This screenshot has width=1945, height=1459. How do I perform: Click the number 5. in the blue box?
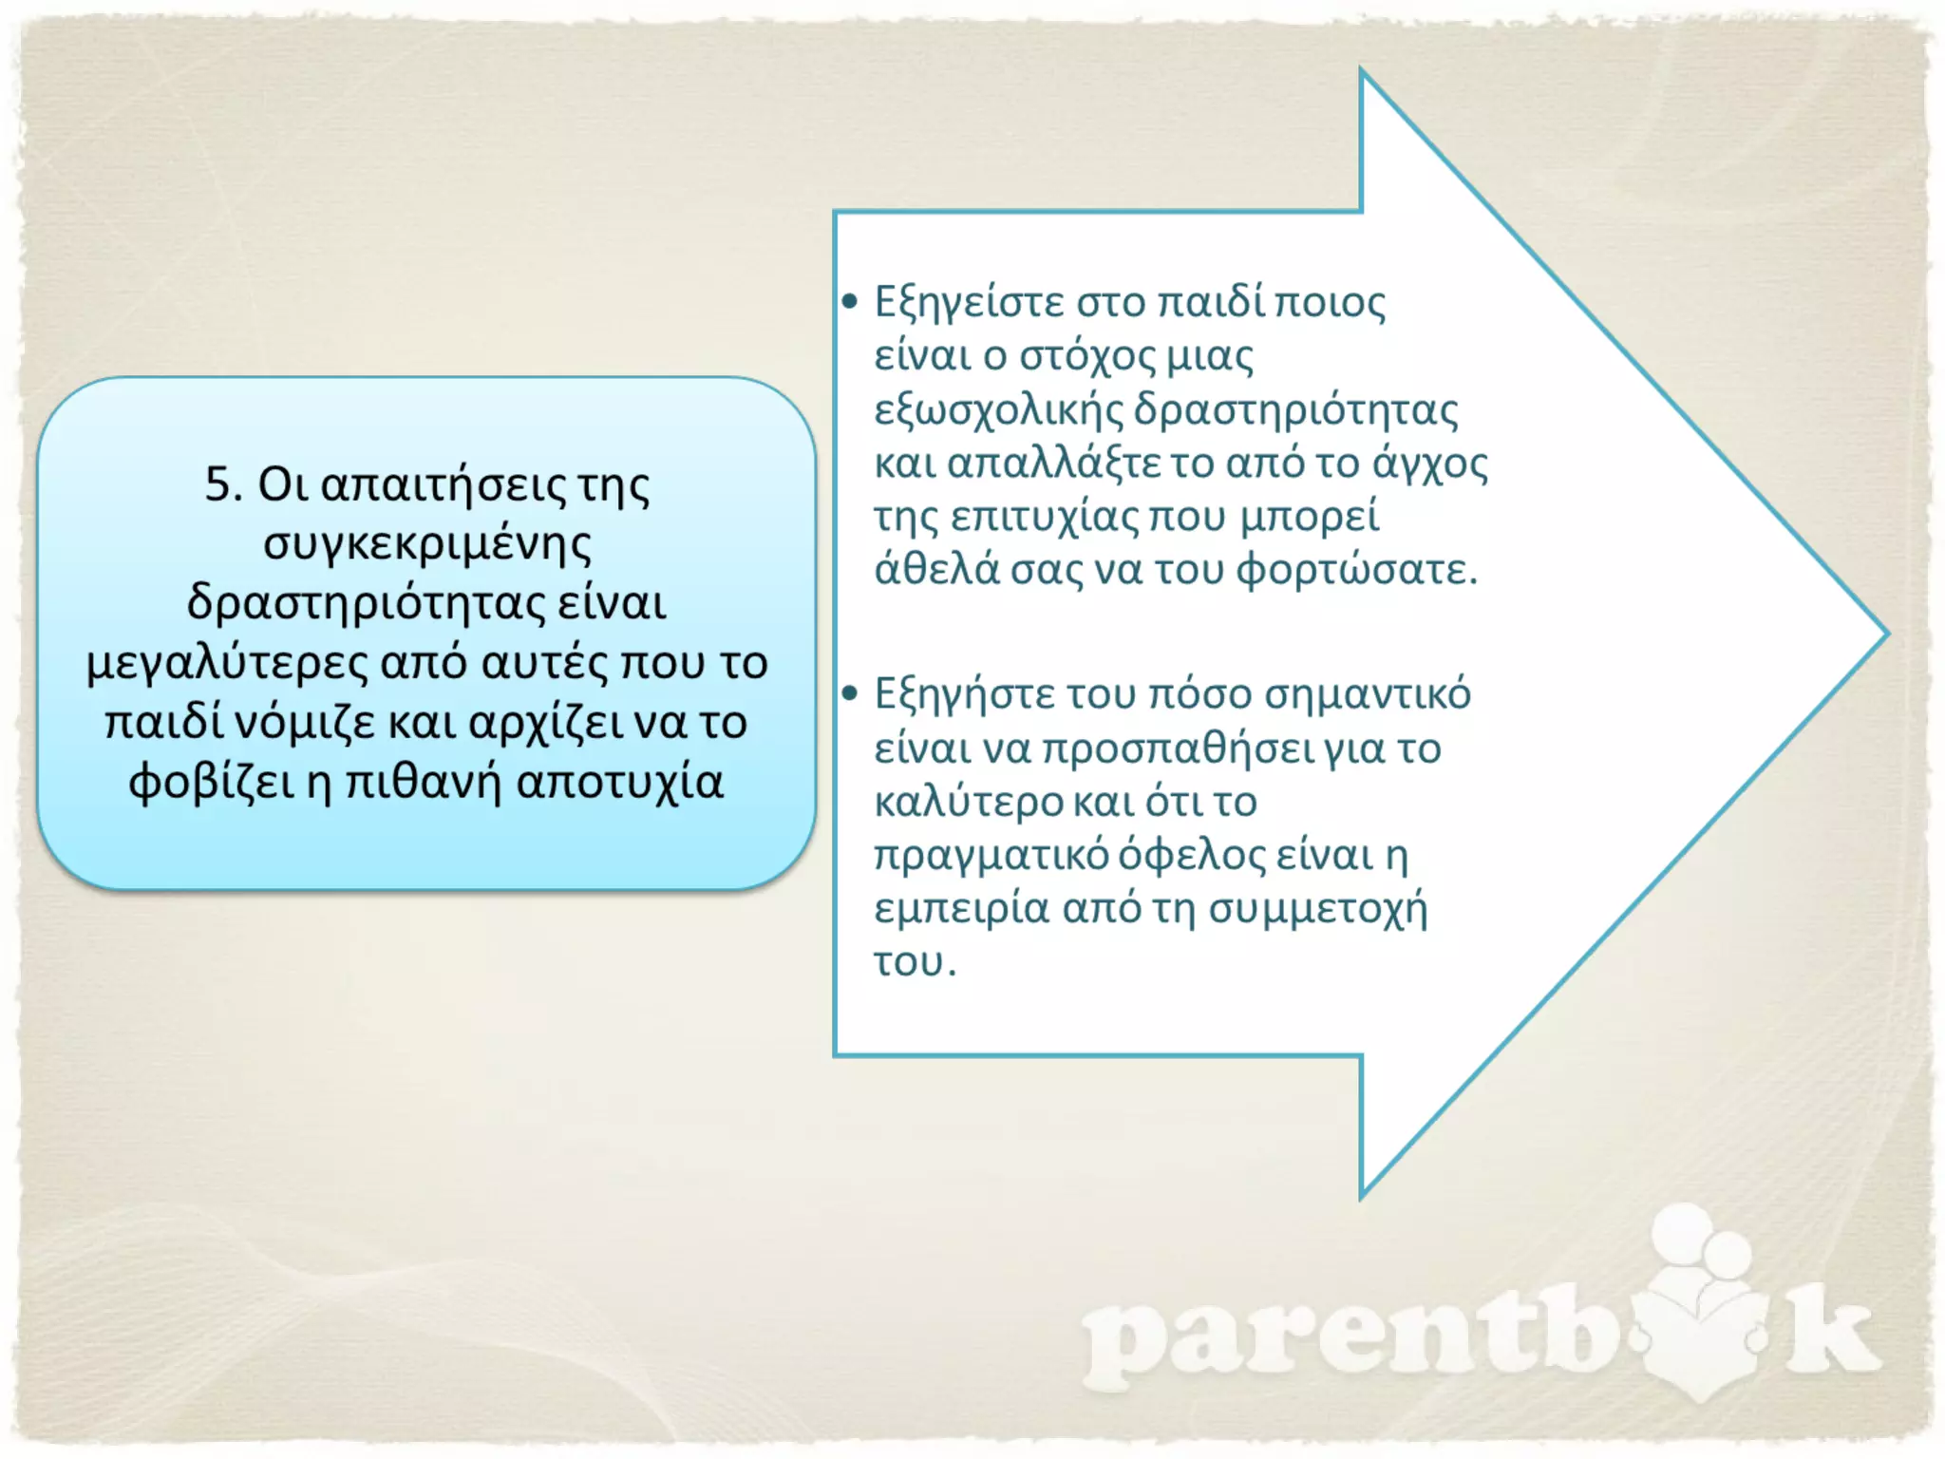tap(224, 484)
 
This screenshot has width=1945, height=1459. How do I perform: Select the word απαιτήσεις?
tap(444, 486)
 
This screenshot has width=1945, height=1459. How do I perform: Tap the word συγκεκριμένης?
tap(427, 545)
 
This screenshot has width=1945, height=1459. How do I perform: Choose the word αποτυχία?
tap(620, 783)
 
